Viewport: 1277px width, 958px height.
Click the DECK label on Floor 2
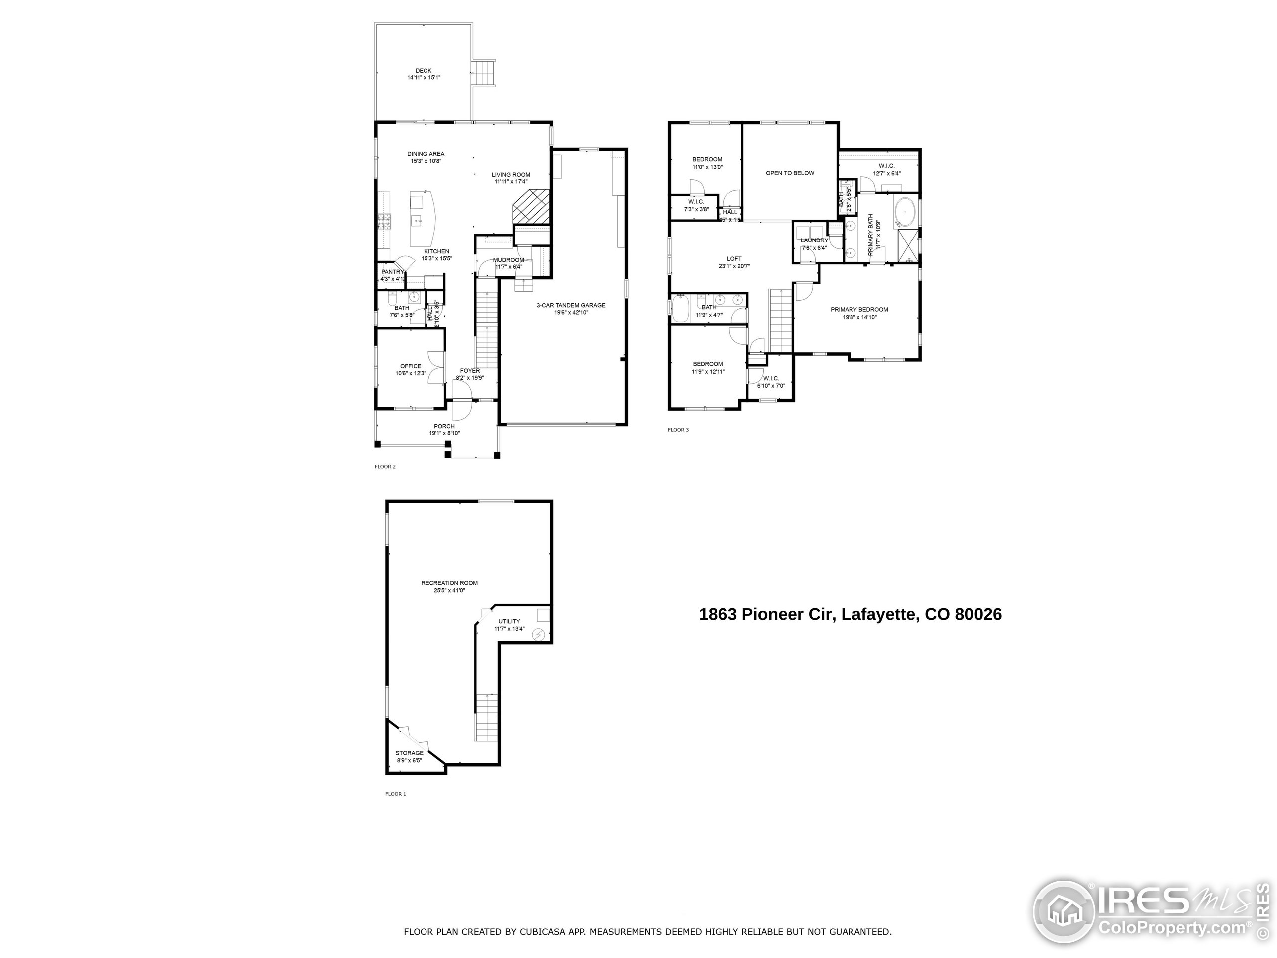click(423, 71)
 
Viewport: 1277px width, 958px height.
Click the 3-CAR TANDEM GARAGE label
click(570, 305)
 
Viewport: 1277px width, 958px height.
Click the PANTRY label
click(392, 272)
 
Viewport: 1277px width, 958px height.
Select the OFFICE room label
click(411, 366)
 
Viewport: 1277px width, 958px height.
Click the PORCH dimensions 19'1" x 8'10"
click(444, 433)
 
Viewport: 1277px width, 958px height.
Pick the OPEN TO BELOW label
click(789, 173)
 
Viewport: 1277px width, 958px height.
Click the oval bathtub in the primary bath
click(905, 212)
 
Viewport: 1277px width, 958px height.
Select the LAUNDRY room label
click(814, 240)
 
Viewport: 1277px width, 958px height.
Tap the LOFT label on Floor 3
click(734, 258)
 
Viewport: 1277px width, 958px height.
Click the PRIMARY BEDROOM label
click(859, 309)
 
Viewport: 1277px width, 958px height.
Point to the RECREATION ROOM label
click(449, 583)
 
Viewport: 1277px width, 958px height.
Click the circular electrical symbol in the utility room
click(539, 635)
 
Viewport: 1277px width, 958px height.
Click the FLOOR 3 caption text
click(678, 430)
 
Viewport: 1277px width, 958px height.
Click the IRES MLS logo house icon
click(1062, 913)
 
